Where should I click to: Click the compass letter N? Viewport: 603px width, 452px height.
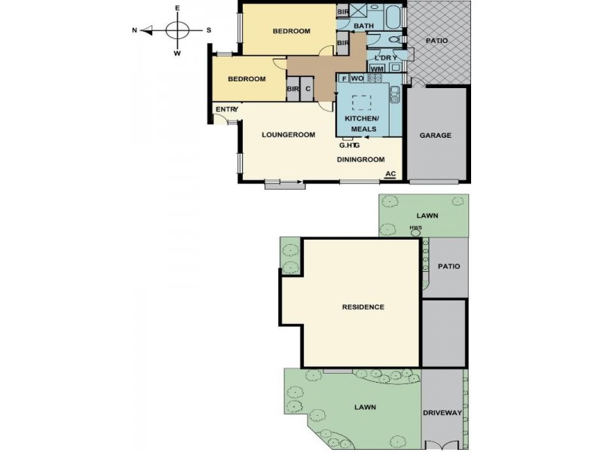point(134,31)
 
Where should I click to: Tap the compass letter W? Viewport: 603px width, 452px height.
point(178,53)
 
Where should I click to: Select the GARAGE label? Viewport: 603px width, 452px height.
point(436,136)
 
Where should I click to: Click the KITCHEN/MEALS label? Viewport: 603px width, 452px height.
point(363,124)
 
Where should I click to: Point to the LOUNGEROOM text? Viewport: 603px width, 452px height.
point(287,136)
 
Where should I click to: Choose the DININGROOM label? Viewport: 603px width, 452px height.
point(360,160)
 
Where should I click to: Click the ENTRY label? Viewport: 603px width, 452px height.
point(227,110)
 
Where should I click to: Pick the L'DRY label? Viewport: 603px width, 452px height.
point(378,58)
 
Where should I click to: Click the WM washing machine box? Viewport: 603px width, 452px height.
point(377,69)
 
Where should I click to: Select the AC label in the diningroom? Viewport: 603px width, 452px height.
point(390,175)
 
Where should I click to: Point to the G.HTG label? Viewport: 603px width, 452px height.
point(348,145)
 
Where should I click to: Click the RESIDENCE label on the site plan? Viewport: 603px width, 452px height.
point(363,307)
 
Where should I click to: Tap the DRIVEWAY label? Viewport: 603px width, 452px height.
point(442,414)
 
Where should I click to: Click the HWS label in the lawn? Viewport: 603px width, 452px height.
point(415,228)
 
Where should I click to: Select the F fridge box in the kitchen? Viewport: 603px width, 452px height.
point(344,78)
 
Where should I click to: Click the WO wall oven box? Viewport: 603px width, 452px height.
point(357,78)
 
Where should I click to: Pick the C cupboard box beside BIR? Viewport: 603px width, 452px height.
point(308,90)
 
